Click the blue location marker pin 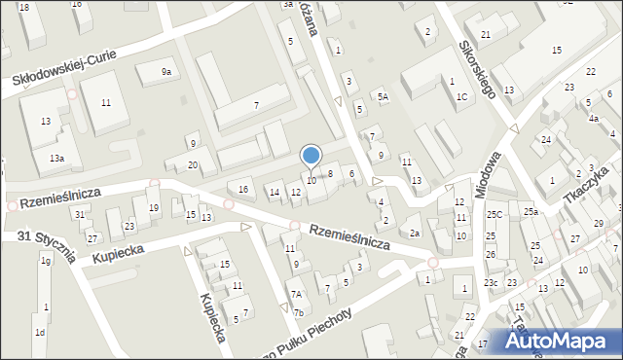tap(311, 156)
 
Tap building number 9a tap(166, 71)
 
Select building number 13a tap(57, 158)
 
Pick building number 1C tap(461, 97)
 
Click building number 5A tap(384, 96)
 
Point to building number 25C tap(495, 214)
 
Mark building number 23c tap(492, 283)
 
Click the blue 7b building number tap(299, 312)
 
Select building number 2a tap(414, 233)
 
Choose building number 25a tap(530, 212)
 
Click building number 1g tap(45, 261)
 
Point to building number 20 tap(193, 164)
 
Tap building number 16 tap(243, 189)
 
